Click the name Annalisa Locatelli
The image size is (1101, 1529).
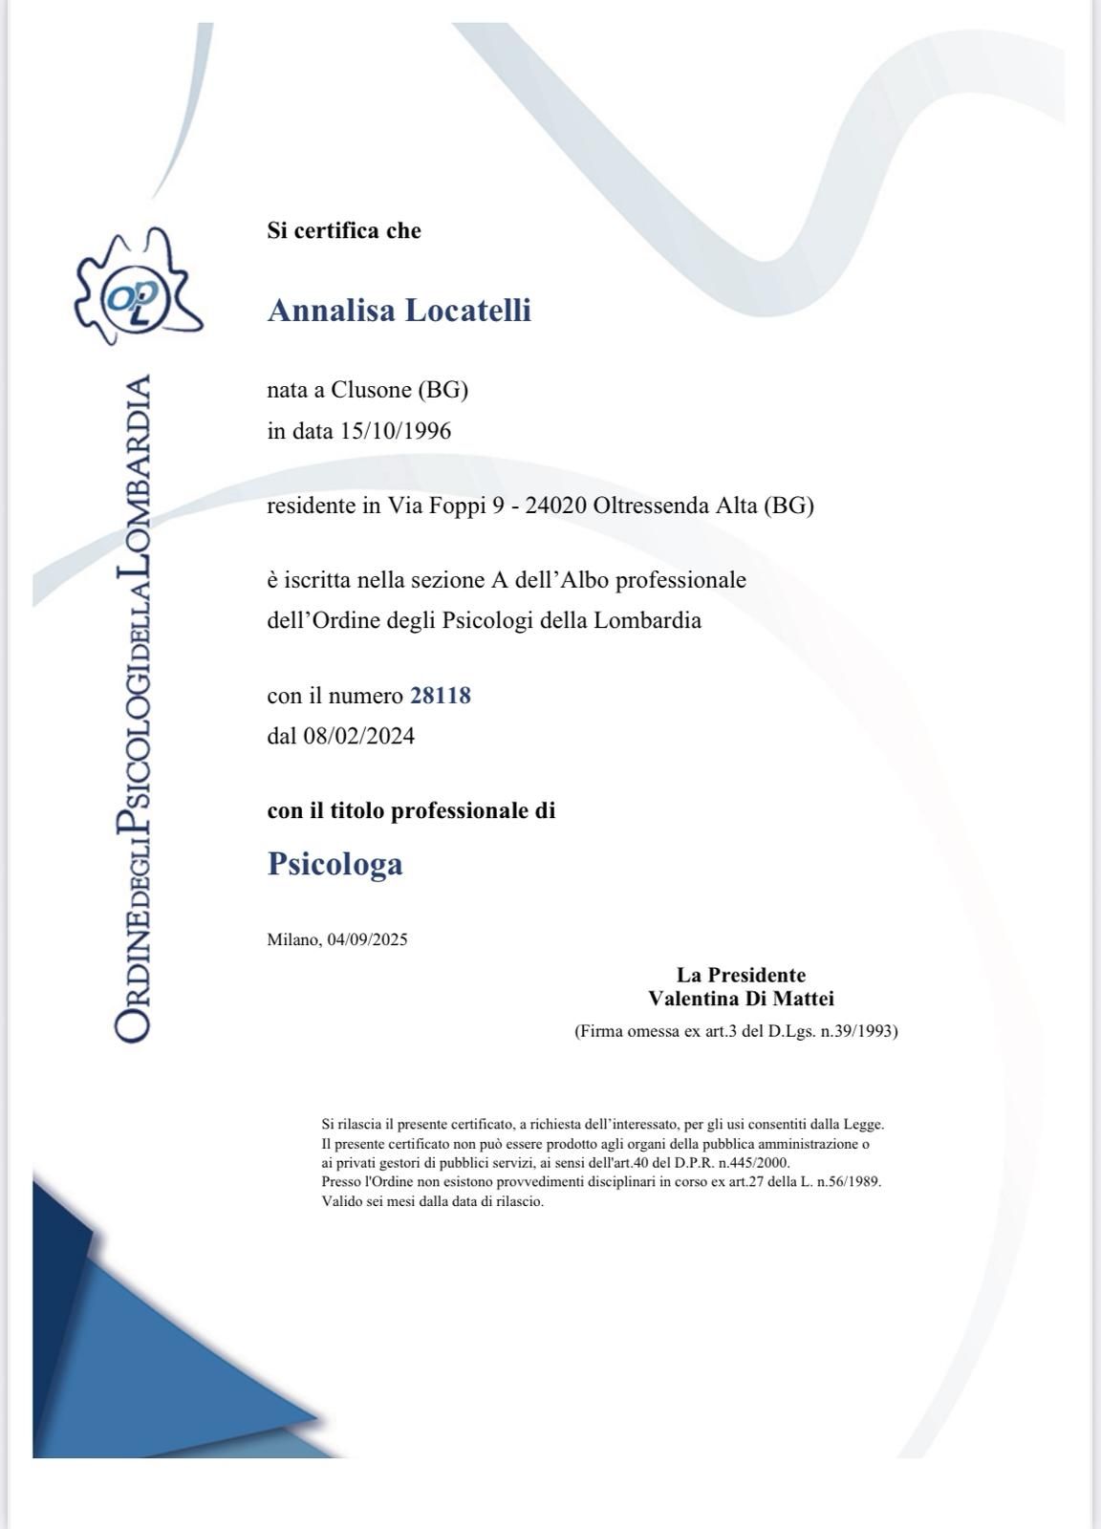pyautogui.click(x=399, y=311)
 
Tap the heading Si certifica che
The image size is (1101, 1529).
pyautogui.click(x=344, y=231)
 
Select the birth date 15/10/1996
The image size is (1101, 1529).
pyautogui.click(x=396, y=431)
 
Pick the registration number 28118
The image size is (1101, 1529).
pyautogui.click(x=441, y=696)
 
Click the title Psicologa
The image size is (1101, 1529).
pyautogui.click(x=335, y=864)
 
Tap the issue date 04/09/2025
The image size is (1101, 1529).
pyautogui.click(x=367, y=939)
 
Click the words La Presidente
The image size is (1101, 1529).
pyautogui.click(x=741, y=976)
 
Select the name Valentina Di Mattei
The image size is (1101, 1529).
pyautogui.click(x=741, y=1000)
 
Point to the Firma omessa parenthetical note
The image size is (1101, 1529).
pyautogui.click(x=736, y=1032)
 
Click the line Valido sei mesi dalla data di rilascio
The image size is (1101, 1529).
pyautogui.click(x=432, y=1202)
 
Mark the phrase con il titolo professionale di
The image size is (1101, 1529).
pyautogui.click(x=411, y=811)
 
